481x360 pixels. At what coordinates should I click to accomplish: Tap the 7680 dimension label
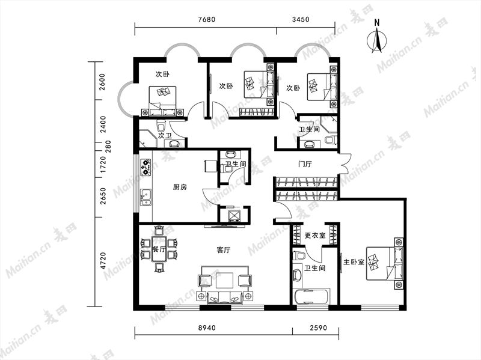click(x=207, y=20)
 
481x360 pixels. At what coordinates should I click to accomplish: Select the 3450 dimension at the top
click(x=301, y=20)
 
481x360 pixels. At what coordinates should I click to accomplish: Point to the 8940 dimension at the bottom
click(x=207, y=328)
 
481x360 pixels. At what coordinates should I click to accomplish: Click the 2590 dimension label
click(x=318, y=328)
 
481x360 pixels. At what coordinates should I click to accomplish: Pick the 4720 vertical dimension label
click(x=103, y=261)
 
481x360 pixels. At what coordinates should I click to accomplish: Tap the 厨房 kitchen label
click(x=180, y=187)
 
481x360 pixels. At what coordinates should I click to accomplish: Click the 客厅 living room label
click(x=223, y=250)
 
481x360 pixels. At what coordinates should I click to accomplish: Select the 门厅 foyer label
click(x=305, y=164)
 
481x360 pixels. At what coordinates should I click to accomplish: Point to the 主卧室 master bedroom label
click(x=354, y=262)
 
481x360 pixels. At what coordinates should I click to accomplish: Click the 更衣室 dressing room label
click(x=315, y=236)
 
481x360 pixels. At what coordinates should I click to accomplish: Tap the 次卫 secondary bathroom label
click(x=165, y=135)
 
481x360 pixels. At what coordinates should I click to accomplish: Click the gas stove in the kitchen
click(x=146, y=167)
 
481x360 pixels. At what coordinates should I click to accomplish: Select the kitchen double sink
click(x=146, y=197)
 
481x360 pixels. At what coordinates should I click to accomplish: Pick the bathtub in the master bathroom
click(x=311, y=296)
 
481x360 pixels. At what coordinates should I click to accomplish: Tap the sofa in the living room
click(x=224, y=297)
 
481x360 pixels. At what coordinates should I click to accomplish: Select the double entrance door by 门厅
click(x=344, y=163)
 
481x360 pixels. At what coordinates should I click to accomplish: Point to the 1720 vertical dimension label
click(x=103, y=164)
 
